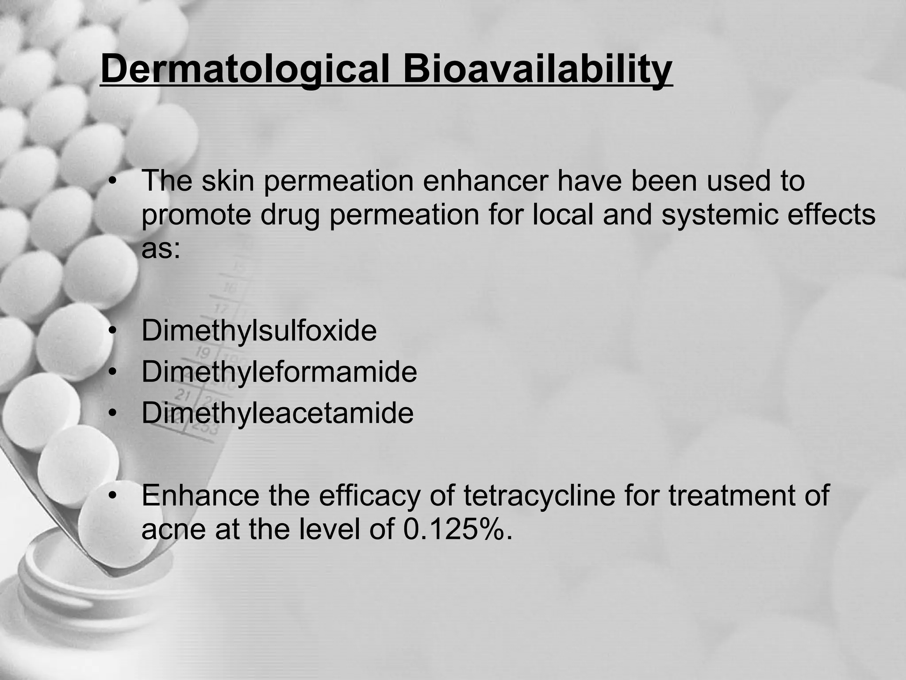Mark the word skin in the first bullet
227,181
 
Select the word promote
196,216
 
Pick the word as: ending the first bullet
161,250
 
